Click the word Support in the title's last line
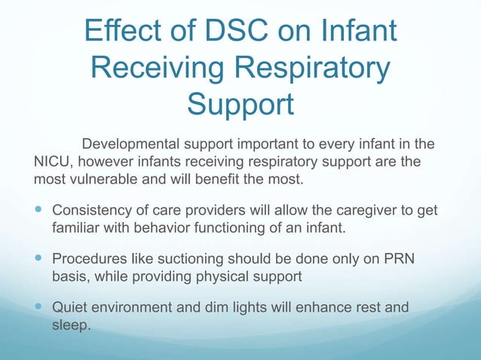coord(240,105)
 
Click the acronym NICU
coord(53,162)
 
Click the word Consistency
coord(91,209)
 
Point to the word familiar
coord(75,226)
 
